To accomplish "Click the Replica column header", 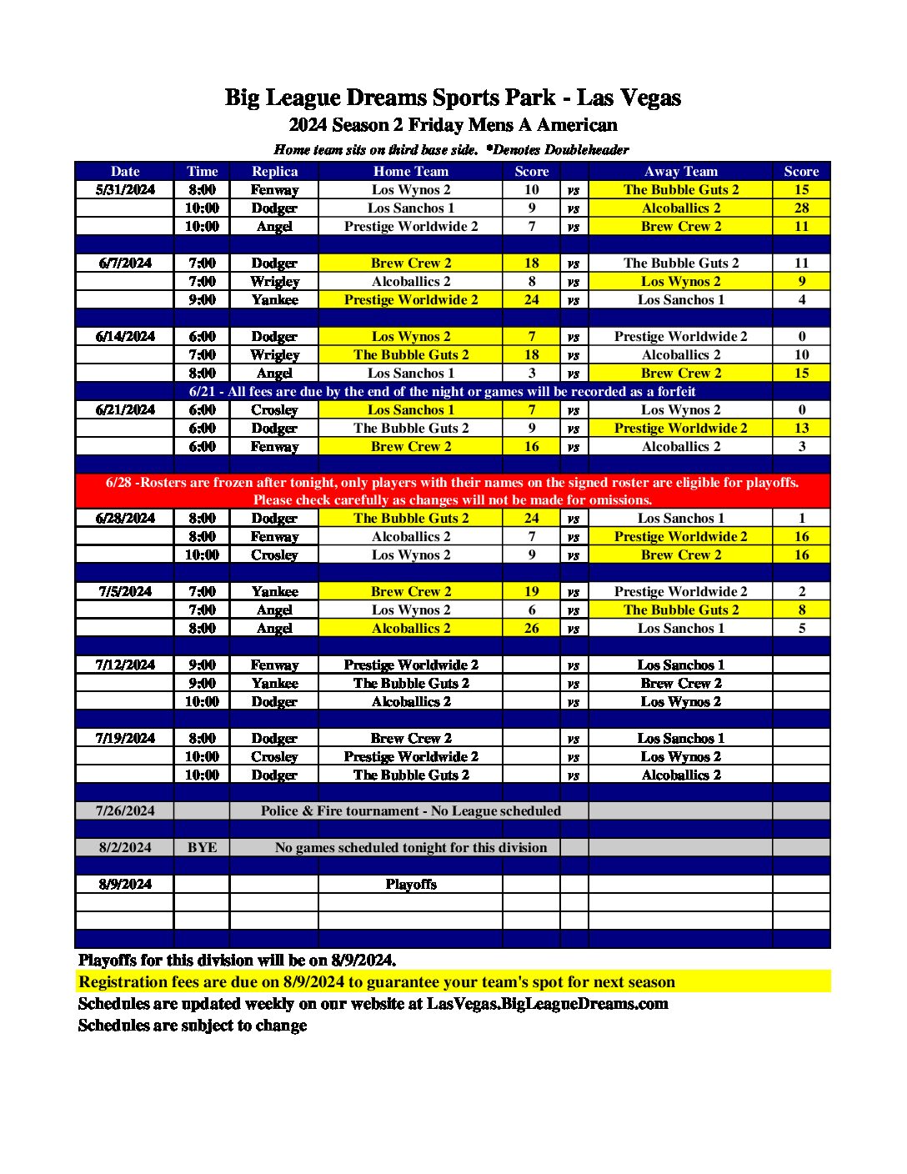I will click(274, 171).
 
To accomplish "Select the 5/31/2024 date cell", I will click(125, 189).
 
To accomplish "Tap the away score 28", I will click(801, 208).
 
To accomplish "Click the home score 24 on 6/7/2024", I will click(531, 299).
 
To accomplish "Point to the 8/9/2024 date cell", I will click(125, 884).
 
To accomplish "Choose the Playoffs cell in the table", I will click(410, 884).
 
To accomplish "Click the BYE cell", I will click(202, 847).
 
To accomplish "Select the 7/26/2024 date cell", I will click(125, 810).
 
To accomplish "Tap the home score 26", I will click(531, 628).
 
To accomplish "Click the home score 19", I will click(531, 591).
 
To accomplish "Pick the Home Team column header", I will click(410, 171).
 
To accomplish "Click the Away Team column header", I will click(680, 171).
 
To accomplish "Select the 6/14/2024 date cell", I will click(125, 336).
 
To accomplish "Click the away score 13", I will click(801, 428).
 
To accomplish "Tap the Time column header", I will click(202, 171).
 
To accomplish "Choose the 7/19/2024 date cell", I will click(125, 738).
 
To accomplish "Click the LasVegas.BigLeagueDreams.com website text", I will click(547, 1004).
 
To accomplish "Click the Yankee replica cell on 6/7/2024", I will click(274, 299).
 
